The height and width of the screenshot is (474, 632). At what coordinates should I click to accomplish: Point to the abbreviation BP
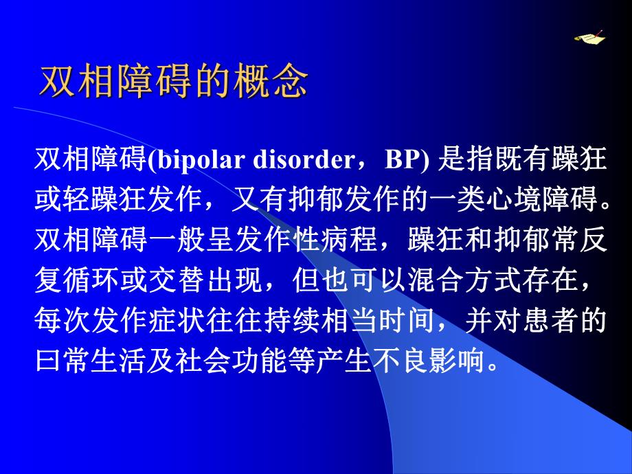[x=403, y=160]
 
